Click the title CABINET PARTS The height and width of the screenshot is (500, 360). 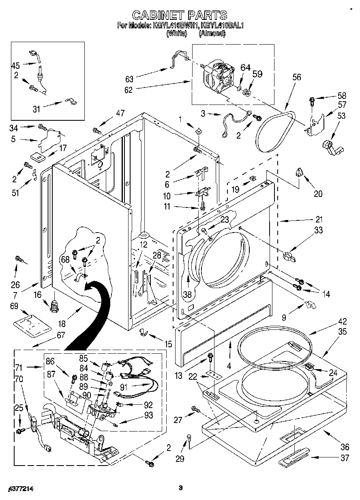tap(180, 15)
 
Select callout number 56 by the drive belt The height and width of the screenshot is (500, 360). tap(297, 77)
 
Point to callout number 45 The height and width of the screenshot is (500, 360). tap(15, 65)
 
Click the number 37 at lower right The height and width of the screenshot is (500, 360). tap(344, 458)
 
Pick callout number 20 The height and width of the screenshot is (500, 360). tap(318, 194)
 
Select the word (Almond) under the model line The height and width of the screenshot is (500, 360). tap(212, 34)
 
